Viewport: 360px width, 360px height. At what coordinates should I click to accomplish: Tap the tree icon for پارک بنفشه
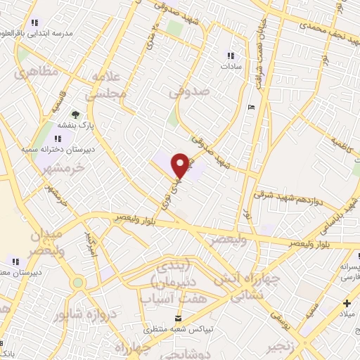pos(75,115)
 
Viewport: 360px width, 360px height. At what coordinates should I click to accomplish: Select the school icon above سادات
pos(231,56)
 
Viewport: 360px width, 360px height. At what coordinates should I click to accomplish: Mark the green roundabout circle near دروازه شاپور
pos(77,283)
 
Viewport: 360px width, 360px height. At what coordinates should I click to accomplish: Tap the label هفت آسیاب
pos(166,298)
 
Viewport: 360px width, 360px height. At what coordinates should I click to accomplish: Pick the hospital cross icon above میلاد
pos(347,304)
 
